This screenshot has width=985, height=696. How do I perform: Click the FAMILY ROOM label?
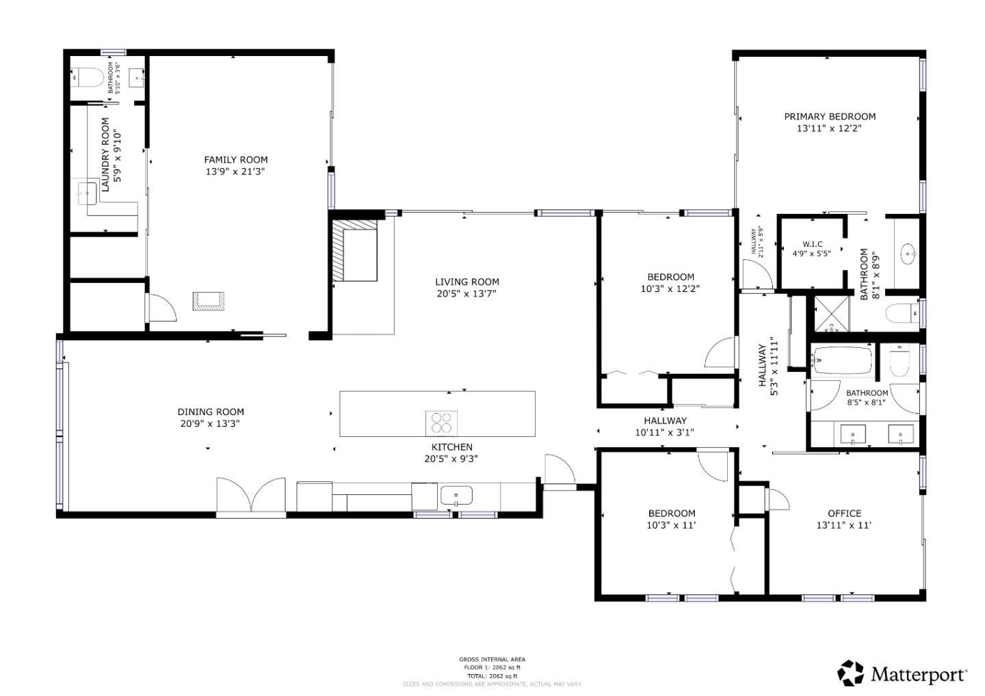click(235, 160)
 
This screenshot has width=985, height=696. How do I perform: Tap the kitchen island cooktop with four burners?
click(441, 423)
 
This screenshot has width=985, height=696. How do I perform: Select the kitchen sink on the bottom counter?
click(456, 494)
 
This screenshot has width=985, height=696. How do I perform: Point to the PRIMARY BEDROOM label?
click(829, 117)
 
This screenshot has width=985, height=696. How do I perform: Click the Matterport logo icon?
click(850, 673)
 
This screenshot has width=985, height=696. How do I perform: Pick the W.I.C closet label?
click(812, 244)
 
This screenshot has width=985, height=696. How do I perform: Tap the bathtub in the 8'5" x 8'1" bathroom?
click(842, 360)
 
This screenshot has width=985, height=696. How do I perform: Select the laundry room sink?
click(87, 193)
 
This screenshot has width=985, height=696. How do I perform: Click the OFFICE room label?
click(844, 513)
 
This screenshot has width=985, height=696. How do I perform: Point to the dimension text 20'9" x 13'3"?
click(210, 424)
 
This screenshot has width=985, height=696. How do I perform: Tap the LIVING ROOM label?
click(467, 282)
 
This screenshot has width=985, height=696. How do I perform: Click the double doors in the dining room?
click(251, 495)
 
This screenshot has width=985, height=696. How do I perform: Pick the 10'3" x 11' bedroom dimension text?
click(672, 526)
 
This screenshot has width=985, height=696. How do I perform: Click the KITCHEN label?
click(451, 447)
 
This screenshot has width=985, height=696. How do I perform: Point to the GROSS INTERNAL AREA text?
click(492, 660)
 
